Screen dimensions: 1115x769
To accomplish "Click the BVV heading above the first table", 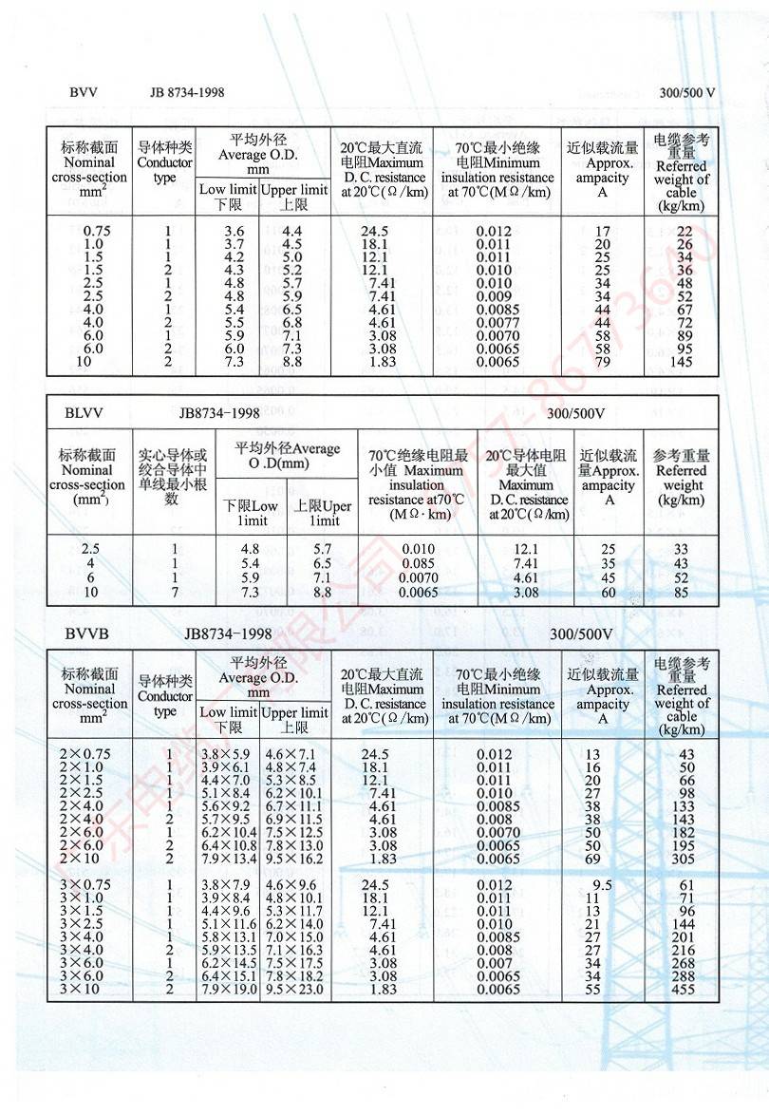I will coord(84,92).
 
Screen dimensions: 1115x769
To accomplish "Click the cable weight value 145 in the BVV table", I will coord(681,363).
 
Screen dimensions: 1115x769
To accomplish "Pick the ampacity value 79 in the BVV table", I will coord(602,363).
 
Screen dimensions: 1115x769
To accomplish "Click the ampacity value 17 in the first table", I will coord(602,231).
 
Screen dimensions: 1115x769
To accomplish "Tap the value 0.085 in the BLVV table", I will coord(418,563).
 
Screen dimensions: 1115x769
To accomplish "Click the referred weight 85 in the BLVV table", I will coord(681,593).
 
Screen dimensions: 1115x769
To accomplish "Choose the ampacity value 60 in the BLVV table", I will coord(608,593).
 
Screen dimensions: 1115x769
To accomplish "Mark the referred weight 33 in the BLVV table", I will coord(681,549).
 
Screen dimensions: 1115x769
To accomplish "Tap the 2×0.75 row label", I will coord(84,754).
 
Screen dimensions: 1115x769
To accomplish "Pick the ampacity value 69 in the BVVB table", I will coord(593,859).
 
